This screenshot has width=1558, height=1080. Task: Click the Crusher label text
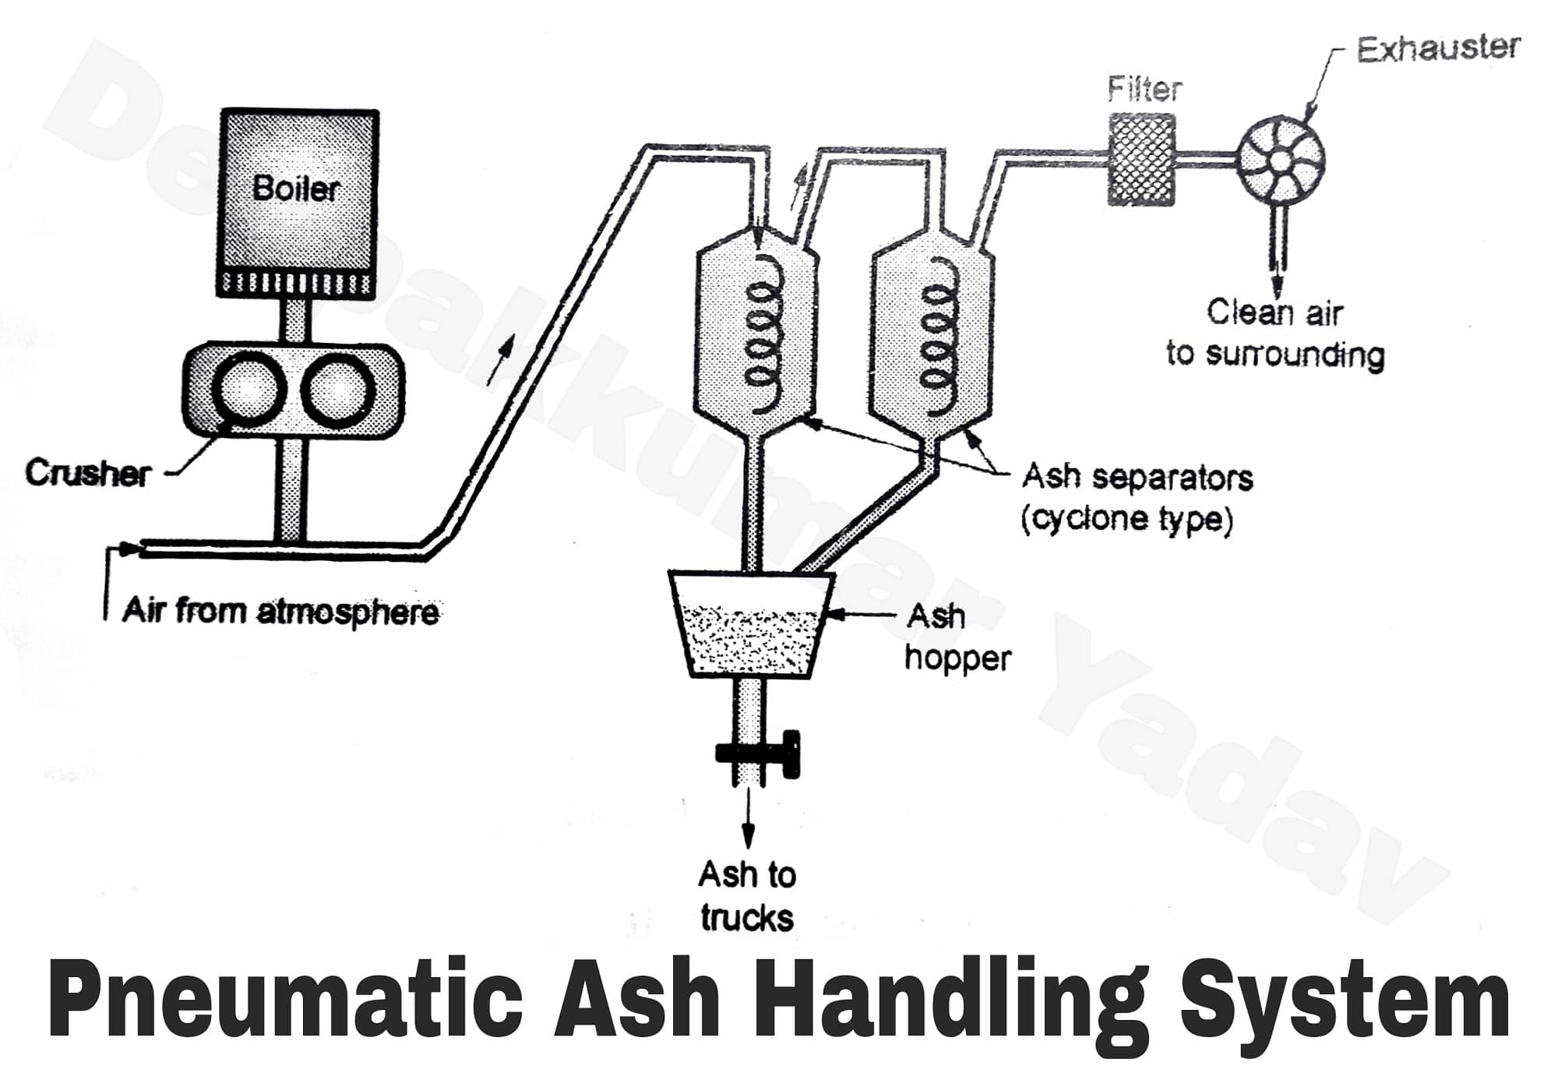coord(87,473)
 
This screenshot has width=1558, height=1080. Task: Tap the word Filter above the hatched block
coord(1144,89)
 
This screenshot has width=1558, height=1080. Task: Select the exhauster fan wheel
coord(1280,162)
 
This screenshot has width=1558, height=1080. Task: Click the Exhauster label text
coord(1438,48)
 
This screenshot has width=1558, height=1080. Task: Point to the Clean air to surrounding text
coord(1274,333)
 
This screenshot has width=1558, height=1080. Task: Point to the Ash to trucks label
coord(746,895)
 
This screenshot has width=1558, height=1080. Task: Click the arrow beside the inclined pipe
coord(501,359)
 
